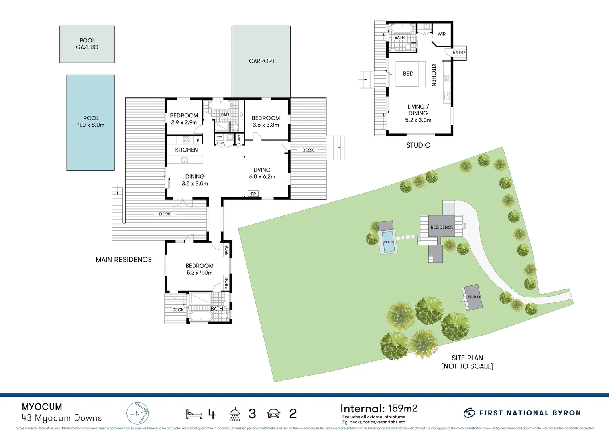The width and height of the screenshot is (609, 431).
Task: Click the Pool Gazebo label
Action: click(x=87, y=44)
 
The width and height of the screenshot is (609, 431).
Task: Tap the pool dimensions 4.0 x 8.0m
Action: click(x=91, y=125)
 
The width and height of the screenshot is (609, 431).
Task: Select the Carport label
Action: click(x=262, y=61)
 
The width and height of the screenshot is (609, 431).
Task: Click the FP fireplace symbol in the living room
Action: click(x=253, y=194)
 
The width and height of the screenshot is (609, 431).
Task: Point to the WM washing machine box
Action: click(x=220, y=137)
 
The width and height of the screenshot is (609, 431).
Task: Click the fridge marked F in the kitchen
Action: click(x=198, y=140)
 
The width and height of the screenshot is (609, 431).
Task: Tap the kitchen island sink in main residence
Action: click(x=184, y=160)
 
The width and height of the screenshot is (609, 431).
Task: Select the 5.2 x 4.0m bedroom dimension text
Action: click(x=199, y=273)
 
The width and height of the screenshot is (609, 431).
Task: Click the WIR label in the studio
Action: click(x=441, y=34)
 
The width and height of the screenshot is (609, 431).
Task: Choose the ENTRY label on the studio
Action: click(x=459, y=52)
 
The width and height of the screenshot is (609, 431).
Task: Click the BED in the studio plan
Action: click(x=408, y=74)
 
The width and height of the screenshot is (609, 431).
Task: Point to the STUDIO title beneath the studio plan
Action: click(x=418, y=145)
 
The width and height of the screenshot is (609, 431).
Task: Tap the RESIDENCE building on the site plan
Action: click(x=442, y=227)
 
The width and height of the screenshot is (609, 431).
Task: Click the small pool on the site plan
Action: click(x=388, y=242)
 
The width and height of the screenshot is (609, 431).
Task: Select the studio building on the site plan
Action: click(x=473, y=297)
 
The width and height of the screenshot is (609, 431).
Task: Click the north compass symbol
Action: click(x=138, y=413)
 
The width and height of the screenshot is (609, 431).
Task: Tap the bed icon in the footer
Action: click(x=194, y=414)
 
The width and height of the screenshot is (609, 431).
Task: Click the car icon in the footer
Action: click(x=273, y=414)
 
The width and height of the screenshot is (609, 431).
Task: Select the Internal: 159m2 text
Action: click(x=379, y=409)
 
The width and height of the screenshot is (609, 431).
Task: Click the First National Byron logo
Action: click(x=522, y=413)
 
